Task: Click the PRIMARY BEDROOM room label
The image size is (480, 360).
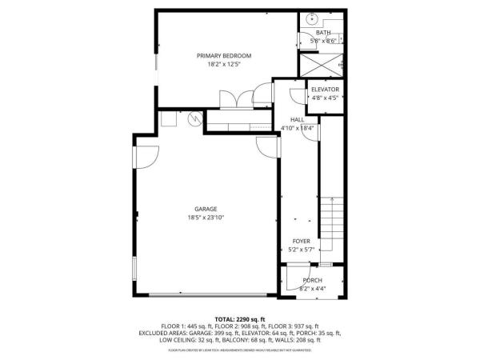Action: (224, 55)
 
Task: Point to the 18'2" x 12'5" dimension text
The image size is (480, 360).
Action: (224, 64)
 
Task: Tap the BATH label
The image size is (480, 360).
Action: (322, 33)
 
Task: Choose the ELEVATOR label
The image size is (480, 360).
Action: (325, 89)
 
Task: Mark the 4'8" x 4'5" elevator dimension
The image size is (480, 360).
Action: (325, 98)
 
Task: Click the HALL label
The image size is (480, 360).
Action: (297, 119)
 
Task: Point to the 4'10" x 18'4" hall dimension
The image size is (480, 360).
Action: (297, 128)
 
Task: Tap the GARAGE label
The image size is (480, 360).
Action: (206, 209)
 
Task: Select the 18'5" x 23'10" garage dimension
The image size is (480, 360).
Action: (206, 218)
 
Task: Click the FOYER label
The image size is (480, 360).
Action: (301, 241)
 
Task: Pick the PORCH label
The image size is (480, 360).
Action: (312, 280)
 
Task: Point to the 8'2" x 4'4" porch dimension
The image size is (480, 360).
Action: (312, 289)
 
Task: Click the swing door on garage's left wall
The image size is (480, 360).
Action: (145, 155)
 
